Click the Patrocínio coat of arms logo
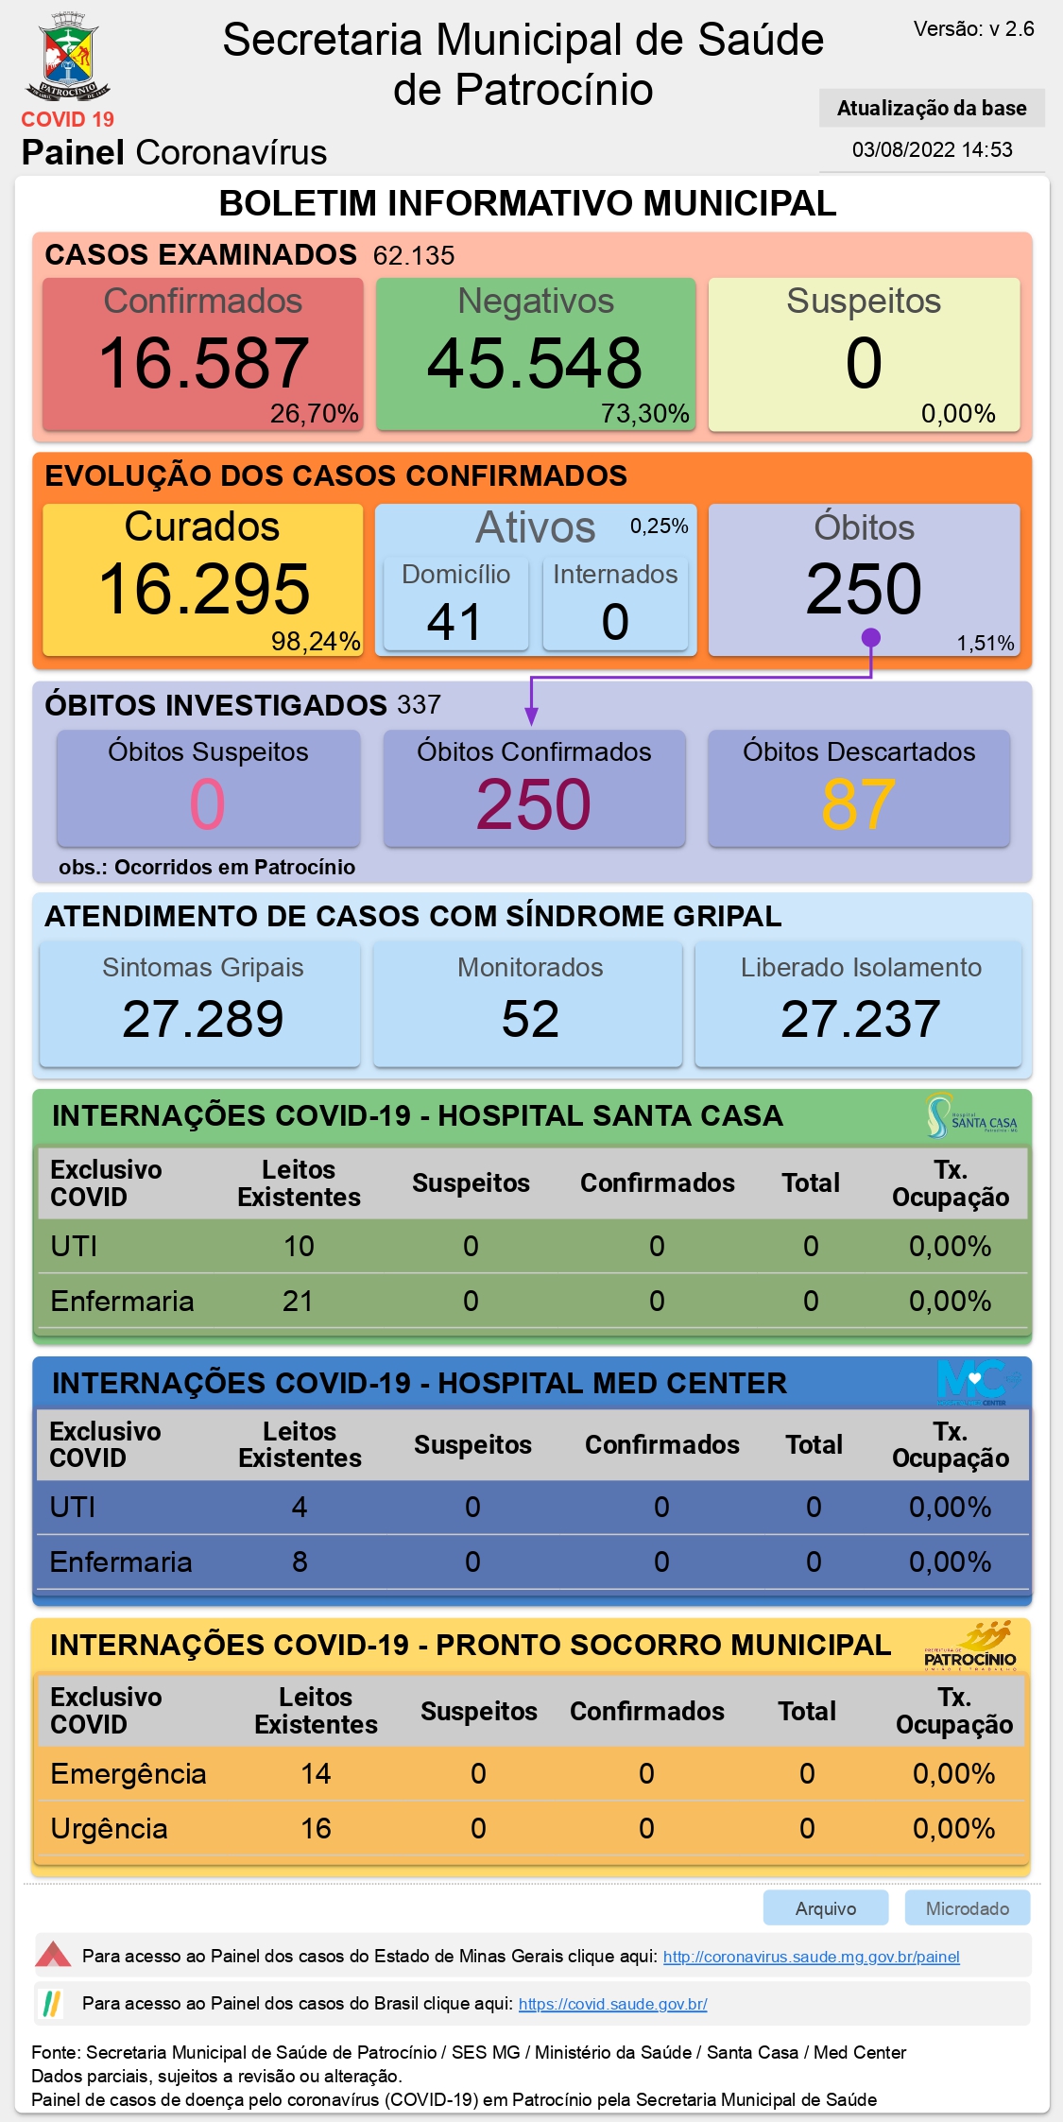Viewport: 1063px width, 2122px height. [x=68, y=57]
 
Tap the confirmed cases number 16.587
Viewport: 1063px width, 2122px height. [x=203, y=363]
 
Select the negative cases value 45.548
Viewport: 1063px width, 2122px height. [x=535, y=363]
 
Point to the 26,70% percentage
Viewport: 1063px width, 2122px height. [x=314, y=414]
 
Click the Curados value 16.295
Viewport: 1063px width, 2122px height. [x=203, y=589]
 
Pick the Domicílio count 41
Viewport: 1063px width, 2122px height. [x=454, y=622]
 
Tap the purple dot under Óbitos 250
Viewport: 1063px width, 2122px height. [x=871, y=638]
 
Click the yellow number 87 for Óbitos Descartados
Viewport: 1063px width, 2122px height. [x=858, y=804]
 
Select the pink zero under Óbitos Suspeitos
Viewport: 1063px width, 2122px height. [x=208, y=804]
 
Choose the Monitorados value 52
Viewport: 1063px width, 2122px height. [x=530, y=1019]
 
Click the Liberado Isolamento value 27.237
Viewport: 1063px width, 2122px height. [x=860, y=1019]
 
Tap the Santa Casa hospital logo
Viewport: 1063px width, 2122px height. [x=972, y=1116]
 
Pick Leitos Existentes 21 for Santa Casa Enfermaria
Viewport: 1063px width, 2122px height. [x=298, y=1302]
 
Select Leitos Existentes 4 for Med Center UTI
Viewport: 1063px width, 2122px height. [x=300, y=1507]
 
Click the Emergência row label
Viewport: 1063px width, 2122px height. [x=129, y=1774]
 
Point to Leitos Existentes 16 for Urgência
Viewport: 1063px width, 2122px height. [x=316, y=1829]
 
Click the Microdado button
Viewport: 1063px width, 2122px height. [x=967, y=1908]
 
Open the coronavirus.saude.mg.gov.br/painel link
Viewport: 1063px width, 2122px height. [x=811, y=1957]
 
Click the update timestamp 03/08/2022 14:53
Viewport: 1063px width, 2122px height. [x=932, y=149]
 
